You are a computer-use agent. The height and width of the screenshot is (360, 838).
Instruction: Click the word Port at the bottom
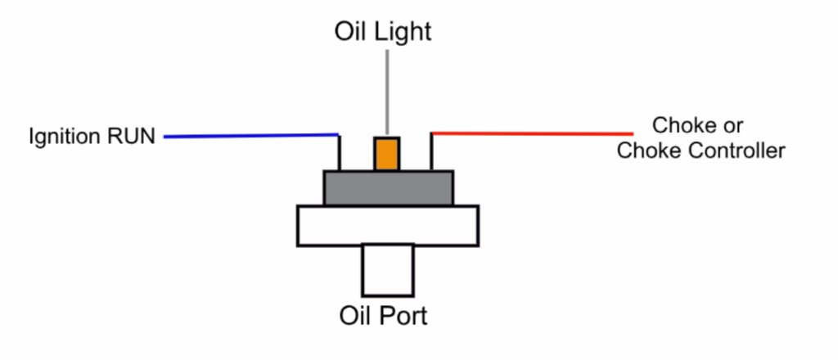coord(400,315)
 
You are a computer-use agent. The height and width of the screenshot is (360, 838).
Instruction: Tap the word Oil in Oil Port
coord(354,315)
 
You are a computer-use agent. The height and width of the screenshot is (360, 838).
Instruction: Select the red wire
coord(532,133)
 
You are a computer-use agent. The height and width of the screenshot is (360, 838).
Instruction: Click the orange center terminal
coord(386,154)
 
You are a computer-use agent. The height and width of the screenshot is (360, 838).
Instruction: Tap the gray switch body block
coord(388,188)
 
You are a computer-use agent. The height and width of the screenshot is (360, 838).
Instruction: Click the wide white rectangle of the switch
coord(388,226)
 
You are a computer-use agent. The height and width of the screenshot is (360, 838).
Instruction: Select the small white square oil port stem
coord(388,270)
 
